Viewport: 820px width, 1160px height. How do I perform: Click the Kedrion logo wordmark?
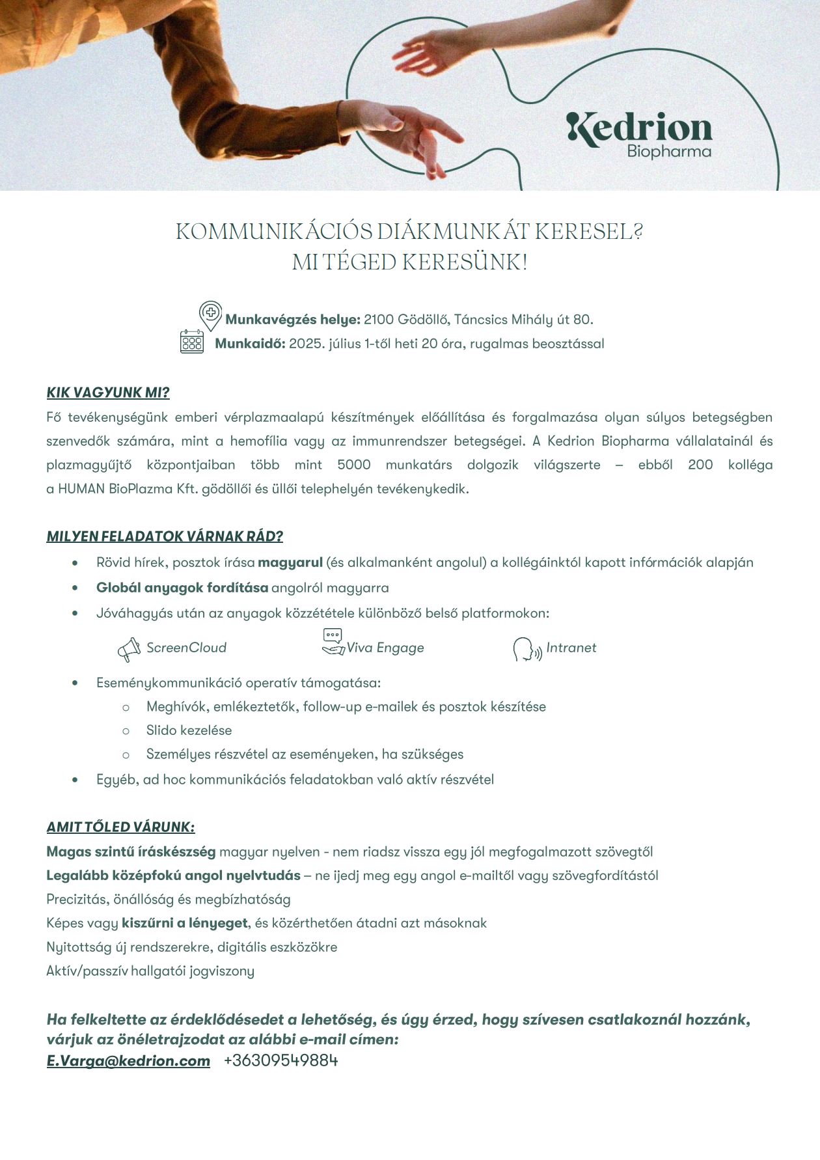click(639, 128)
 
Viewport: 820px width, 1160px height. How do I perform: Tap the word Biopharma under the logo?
click(668, 152)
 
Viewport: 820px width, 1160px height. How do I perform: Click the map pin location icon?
click(210, 314)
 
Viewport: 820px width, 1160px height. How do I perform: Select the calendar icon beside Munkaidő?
click(192, 342)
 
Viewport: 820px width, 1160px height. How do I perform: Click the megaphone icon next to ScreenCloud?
click(129, 649)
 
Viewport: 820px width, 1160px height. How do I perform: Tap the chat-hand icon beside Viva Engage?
click(333, 642)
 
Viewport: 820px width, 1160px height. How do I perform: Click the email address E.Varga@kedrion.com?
click(128, 1060)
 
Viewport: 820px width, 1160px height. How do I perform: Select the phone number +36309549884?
click(280, 1060)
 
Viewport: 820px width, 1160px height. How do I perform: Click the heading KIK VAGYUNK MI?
click(108, 393)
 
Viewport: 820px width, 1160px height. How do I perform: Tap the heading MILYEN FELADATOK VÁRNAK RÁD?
click(165, 536)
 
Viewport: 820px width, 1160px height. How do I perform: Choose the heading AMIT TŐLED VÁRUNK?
click(120, 827)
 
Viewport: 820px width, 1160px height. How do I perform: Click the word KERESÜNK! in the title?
click(465, 262)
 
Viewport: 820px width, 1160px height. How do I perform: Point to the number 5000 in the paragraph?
click(354, 465)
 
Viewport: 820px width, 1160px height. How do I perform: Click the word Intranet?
click(571, 648)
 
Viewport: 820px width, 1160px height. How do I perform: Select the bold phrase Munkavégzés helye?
click(293, 320)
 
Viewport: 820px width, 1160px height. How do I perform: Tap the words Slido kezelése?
click(189, 730)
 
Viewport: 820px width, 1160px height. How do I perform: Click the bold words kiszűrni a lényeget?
click(185, 923)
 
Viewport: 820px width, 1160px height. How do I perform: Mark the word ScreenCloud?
click(186, 648)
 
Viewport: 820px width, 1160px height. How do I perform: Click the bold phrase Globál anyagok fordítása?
click(182, 588)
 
